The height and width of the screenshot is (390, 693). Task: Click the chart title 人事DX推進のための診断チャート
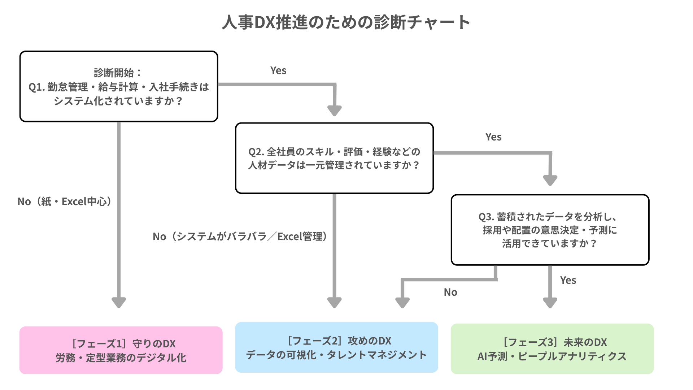[x=346, y=22]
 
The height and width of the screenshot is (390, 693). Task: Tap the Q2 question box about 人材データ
[x=334, y=158]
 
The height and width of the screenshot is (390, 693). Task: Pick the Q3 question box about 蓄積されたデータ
[x=550, y=230]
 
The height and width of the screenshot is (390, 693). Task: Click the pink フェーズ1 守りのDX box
[x=121, y=350]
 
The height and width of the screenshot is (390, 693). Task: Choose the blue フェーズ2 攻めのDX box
[x=336, y=347]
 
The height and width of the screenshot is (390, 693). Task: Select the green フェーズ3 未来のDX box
[x=552, y=349]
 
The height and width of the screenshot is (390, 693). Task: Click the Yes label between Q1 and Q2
[x=278, y=71]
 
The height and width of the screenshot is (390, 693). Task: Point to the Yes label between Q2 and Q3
[x=493, y=137]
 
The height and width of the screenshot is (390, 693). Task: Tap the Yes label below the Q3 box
[x=568, y=281]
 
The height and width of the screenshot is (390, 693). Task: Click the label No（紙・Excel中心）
[x=65, y=201]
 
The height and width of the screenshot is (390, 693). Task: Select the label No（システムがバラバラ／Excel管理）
[x=240, y=237]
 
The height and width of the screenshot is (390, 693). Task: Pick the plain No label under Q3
[x=450, y=292]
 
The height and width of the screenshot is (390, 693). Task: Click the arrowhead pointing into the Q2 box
[x=334, y=110]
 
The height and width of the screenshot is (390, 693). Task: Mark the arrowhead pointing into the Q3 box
[x=550, y=180]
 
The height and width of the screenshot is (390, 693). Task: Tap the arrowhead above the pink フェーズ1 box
[x=119, y=302]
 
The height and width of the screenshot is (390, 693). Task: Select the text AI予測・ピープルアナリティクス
[x=552, y=356]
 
